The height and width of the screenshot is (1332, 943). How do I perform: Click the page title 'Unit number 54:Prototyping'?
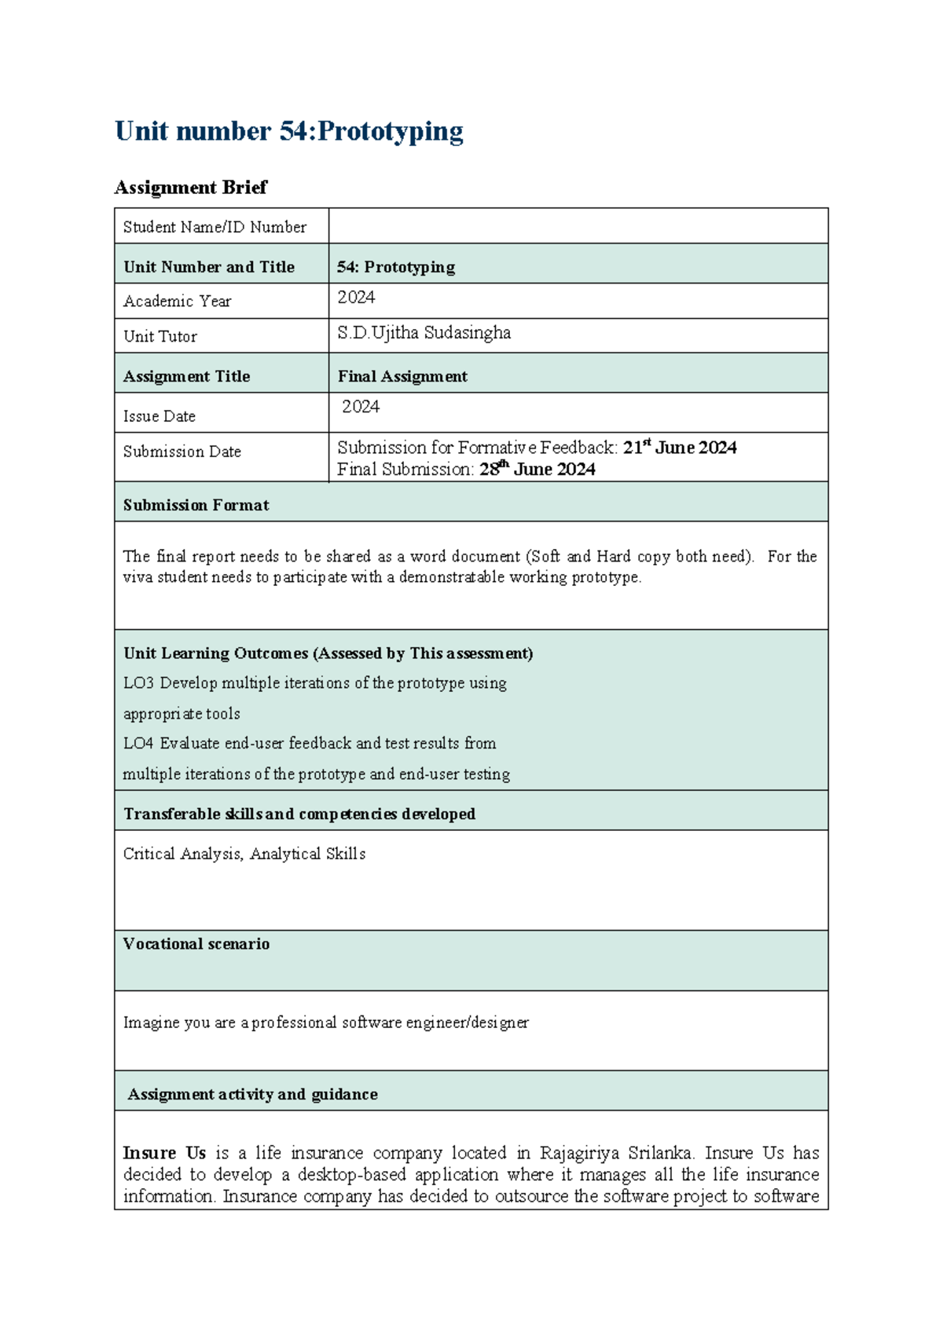(x=288, y=131)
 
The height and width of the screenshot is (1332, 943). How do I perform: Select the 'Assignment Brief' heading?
(x=190, y=188)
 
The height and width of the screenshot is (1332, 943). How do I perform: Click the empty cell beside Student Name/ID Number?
(x=578, y=226)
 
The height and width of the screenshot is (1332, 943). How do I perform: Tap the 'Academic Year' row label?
(x=177, y=302)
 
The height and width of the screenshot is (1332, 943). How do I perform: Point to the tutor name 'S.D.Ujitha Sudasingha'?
(x=424, y=333)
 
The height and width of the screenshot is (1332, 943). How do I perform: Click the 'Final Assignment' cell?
(x=402, y=376)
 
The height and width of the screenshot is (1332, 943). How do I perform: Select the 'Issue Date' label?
(x=159, y=416)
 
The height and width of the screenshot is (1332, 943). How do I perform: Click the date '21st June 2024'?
(x=680, y=448)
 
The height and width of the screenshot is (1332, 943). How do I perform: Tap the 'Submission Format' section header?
(x=196, y=505)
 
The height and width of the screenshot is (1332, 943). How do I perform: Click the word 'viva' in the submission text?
(x=138, y=577)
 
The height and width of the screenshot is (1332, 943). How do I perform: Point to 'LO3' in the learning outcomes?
(x=138, y=683)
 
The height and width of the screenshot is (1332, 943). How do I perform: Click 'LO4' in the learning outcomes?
(x=138, y=744)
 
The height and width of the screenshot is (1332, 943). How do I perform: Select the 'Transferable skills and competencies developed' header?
(x=299, y=814)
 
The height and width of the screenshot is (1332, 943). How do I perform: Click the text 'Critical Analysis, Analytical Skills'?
(x=244, y=854)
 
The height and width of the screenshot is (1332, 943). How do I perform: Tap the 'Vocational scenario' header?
(x=196, y=944)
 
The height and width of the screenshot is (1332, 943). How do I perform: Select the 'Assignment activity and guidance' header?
(x=252, y=1094)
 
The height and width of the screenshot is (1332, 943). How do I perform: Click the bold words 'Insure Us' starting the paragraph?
(x=164, y=1153)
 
